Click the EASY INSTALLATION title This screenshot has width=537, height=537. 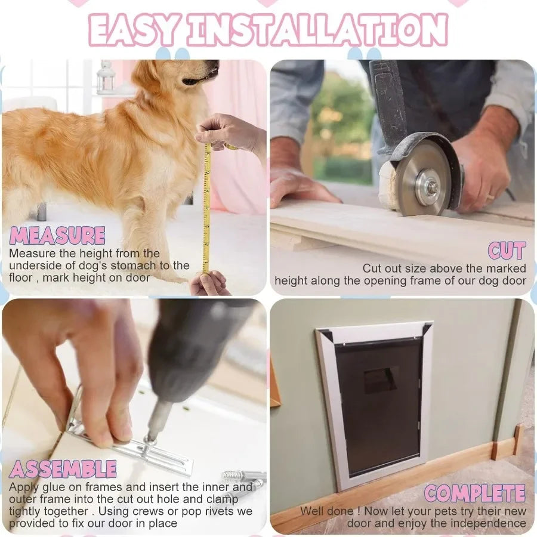click(268, 30)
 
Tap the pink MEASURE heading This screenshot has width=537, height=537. click(57, 236)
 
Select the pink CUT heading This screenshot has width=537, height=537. click(507, 251)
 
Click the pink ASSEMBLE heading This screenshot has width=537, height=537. click(63, 469)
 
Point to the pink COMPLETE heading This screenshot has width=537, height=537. click(475, 493)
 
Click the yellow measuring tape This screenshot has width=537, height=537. click(206, 209)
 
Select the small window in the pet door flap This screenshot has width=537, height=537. click(381, 380)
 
